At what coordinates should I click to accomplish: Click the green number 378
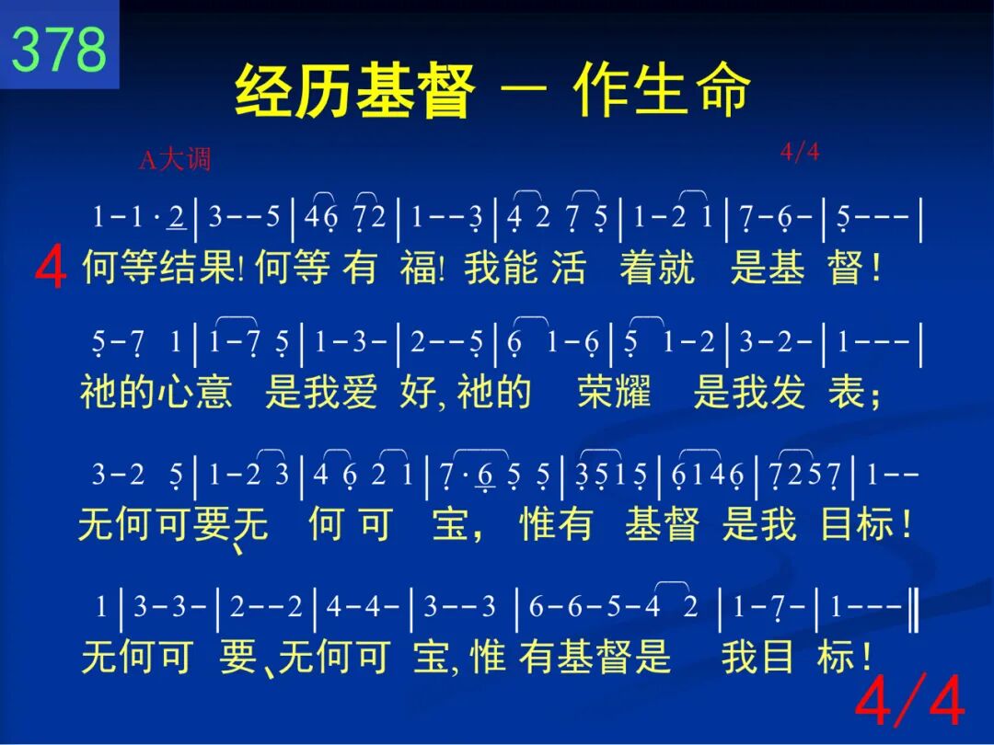59,49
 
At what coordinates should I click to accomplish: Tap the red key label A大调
175,159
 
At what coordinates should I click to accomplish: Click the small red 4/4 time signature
800,152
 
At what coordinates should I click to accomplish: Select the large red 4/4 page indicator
910,700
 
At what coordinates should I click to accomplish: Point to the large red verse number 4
51,268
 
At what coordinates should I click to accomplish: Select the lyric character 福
419,267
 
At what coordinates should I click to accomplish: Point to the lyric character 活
568,267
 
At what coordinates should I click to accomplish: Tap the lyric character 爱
359,391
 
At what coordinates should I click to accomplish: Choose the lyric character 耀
633,391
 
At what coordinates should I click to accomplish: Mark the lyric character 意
214,391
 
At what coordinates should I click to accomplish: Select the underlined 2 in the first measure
176,217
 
